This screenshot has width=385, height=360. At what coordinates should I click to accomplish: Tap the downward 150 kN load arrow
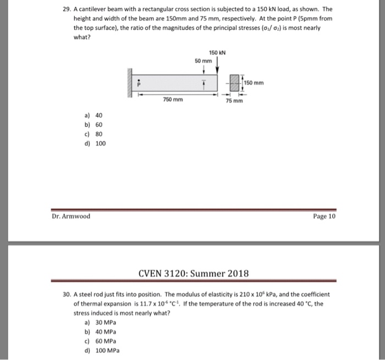coord(218,66)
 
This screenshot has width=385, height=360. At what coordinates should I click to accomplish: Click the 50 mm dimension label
coord(202,60)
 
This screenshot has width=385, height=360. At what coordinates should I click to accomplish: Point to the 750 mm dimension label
coord(173,99)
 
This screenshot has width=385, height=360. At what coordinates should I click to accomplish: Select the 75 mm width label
coord(234,101)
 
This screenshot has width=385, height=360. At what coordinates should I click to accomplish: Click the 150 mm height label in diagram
coord(254,84)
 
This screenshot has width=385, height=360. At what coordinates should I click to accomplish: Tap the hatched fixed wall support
coord(131,84)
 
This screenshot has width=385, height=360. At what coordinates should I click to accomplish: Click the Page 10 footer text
coord(323,216)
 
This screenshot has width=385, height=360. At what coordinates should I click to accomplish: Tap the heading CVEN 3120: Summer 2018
coord(193,273)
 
